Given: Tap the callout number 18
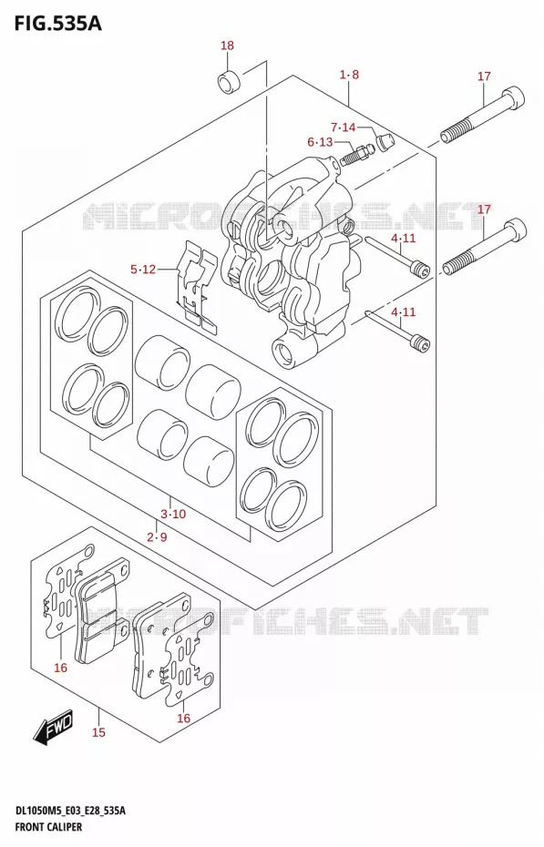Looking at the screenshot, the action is (x=228, y=46).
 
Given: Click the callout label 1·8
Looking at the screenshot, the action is (x=349, y=75).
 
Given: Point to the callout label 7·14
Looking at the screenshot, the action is (x=343, y=128).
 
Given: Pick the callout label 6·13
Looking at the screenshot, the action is (x=321, y=142).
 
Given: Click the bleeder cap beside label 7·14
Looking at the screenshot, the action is (x=385, y=143).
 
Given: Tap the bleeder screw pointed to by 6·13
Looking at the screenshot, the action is (x=355, y=155).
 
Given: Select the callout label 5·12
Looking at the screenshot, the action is (x=143, y=269).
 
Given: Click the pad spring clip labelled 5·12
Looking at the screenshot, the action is (x=197, y=285).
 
